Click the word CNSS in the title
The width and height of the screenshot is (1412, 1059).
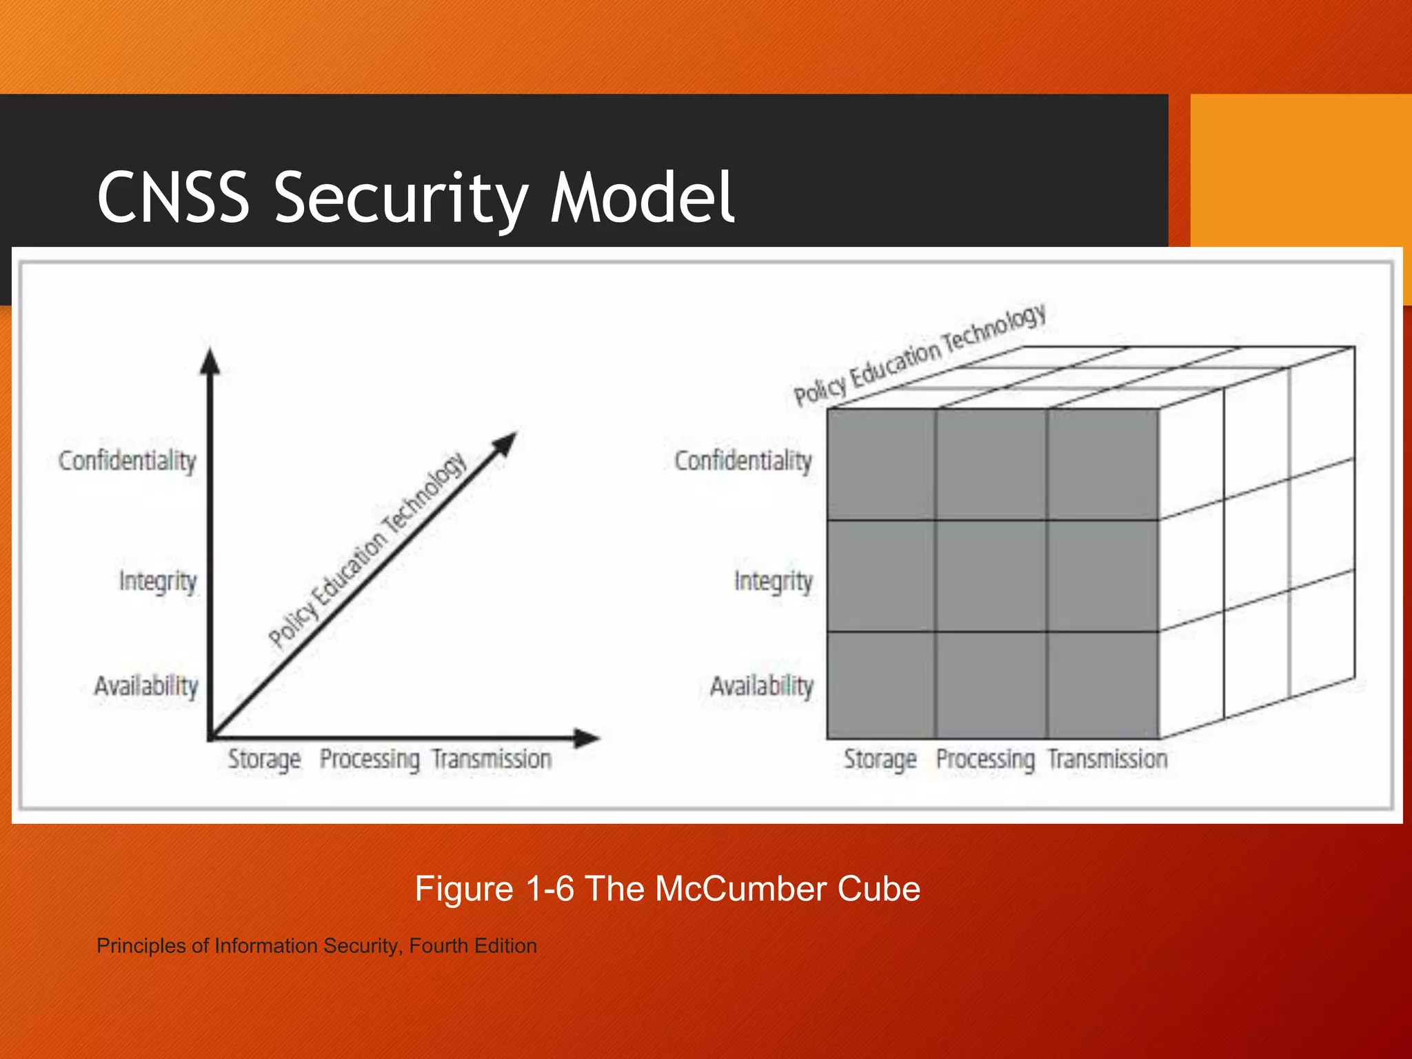(x=173, y=198)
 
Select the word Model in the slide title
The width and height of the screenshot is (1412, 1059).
(x=642, y=198)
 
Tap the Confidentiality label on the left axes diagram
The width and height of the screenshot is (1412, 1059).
(x=128, y=461)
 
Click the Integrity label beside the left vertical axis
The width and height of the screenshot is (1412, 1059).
(x=158, y=581)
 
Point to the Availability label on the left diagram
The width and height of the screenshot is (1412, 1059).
(x=146, y=685)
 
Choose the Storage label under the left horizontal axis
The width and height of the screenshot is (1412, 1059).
(x=264, y=759)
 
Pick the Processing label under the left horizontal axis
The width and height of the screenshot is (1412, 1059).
(x=370, y=759)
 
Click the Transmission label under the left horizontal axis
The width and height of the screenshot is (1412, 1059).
(x=492, y=759)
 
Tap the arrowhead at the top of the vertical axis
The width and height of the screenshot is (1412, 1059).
(x=210, y=361)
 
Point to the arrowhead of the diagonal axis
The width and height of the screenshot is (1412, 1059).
(x=506, y=443)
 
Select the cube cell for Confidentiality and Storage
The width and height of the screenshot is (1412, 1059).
(x=881, y=464)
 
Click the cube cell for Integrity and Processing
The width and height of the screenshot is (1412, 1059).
(x=991, y=576)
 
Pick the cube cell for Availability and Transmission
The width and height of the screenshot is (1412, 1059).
(x=1102, y=685)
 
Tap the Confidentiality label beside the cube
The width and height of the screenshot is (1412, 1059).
(x=743, y=461)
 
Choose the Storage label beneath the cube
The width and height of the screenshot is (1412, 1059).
(x=880, y=759)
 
